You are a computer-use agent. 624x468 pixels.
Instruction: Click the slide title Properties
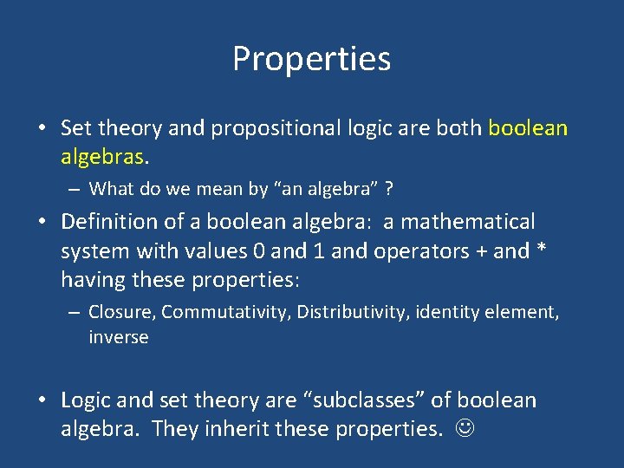pyautogui.click(x=311, y=59)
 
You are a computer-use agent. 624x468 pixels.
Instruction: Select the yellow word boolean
pyautogui.click(x=528, y=128)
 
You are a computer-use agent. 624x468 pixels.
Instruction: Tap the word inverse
pyautogui.click(x=119, y=338)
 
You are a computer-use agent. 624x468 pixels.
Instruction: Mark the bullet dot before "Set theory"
pyautogui.click(x=42, y=129)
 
